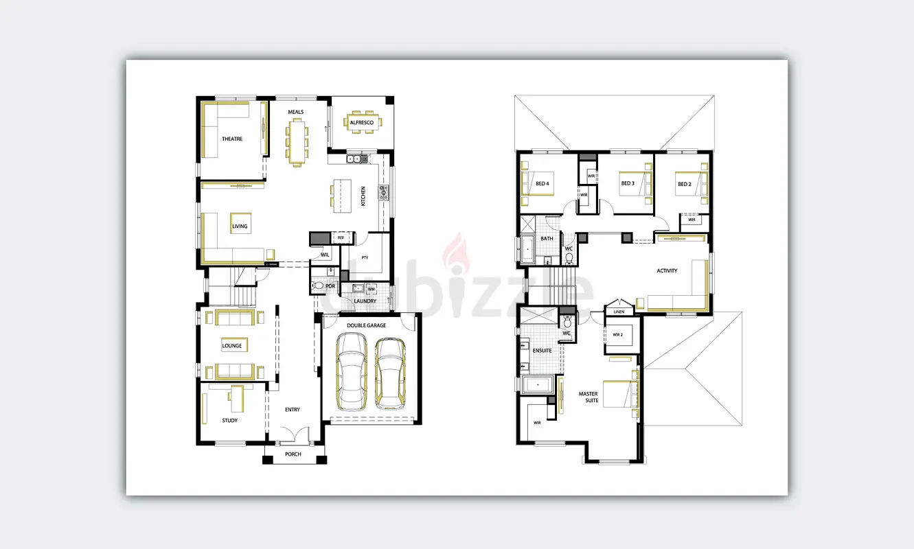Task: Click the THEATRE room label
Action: pos(232,139)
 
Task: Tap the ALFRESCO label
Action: pos(361,122)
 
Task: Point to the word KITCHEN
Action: pos(363,196)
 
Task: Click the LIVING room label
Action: pos(240,226)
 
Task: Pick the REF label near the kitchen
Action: pos(341,237)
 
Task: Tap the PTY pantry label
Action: pos(365,258)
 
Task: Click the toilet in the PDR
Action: pos(318,285)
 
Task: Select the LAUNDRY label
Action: pos(365,301)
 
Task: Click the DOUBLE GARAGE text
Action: pos(367,325)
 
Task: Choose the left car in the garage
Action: pos(352,371)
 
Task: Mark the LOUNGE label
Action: pos(232,346)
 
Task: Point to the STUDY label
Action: pos(230,421)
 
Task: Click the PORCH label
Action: pos(293,454)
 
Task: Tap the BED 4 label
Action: pos(542,183)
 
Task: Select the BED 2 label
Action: pos(685,184)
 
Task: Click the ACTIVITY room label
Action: pos(667,270)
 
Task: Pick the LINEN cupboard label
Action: pos(619,312)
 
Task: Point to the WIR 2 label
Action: pos(618,335)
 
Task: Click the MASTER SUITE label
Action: pos(589,397)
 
